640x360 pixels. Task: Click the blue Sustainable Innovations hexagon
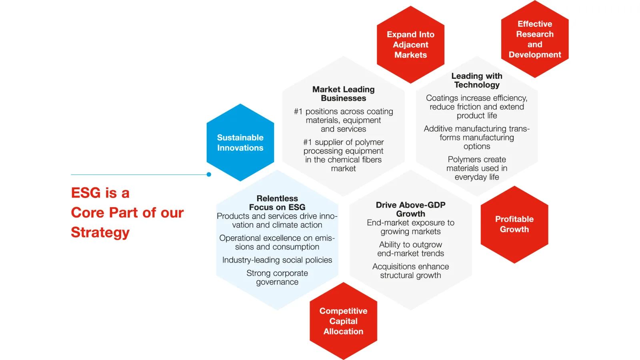240,142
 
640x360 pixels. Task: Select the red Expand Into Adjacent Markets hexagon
410,45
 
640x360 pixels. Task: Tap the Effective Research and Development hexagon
535,39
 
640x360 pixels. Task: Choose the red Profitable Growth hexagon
514,224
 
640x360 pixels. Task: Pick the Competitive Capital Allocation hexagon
343,321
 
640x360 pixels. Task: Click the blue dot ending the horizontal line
209,174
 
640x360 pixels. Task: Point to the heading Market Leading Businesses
343,94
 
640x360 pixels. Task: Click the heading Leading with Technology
477,80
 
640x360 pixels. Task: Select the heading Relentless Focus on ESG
277,203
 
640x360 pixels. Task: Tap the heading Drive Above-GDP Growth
410,209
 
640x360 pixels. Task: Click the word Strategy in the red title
100,232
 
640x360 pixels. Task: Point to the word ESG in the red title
86,193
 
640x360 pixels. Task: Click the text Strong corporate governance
277,278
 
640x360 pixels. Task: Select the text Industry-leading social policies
277,260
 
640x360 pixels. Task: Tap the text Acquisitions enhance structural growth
410,271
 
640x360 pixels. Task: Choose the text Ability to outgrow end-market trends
410,249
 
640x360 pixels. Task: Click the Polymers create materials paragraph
477,168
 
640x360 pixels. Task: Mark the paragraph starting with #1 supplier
343,155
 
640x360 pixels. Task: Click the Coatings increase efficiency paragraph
477,107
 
